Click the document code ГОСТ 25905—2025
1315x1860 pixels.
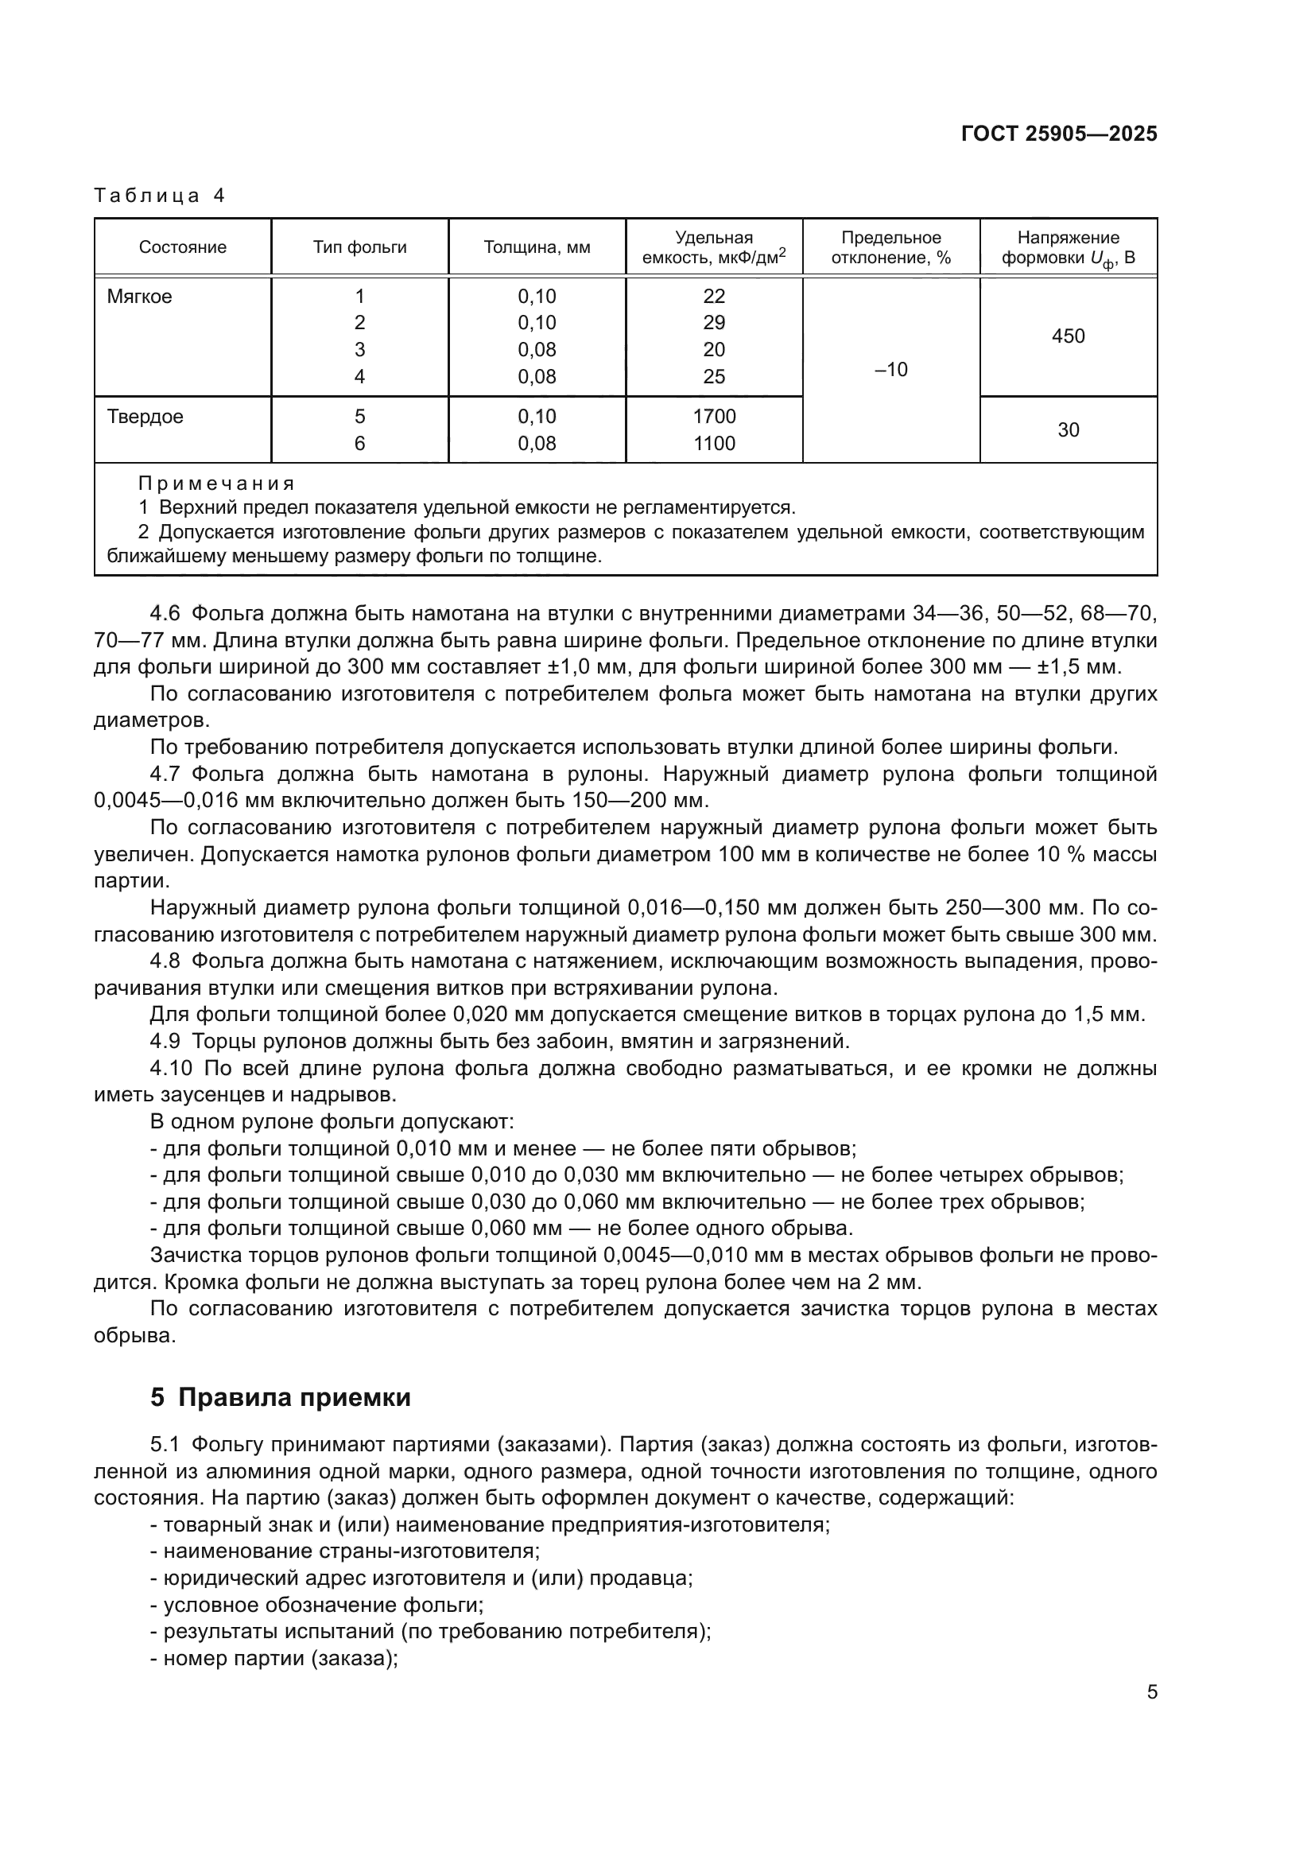1058,134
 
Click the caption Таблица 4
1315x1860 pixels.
160,196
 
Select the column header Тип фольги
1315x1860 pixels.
359,247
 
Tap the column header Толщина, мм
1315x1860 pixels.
537,247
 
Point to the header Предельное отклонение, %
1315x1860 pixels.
890,247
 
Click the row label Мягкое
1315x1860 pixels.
139,297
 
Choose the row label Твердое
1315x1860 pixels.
145,417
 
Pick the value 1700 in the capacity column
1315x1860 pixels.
713,417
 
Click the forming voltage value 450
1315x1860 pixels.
1067,336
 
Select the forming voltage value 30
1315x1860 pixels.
1067,430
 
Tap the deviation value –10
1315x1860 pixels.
890,370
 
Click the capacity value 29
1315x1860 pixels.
713,322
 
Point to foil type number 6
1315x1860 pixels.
359,443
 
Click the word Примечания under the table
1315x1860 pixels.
216,483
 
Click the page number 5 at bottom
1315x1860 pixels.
1151,1692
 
